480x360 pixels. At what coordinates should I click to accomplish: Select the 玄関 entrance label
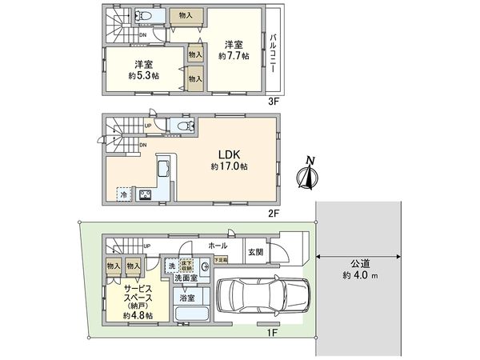tap(255, 252)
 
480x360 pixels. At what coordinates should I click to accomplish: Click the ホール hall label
tap(217, 246)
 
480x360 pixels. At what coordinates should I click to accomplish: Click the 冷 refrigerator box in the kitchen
tap(124, 194)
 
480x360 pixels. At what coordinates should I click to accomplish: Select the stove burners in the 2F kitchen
tap(147, 194)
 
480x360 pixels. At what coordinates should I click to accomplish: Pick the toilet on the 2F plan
tap(183, 126)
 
